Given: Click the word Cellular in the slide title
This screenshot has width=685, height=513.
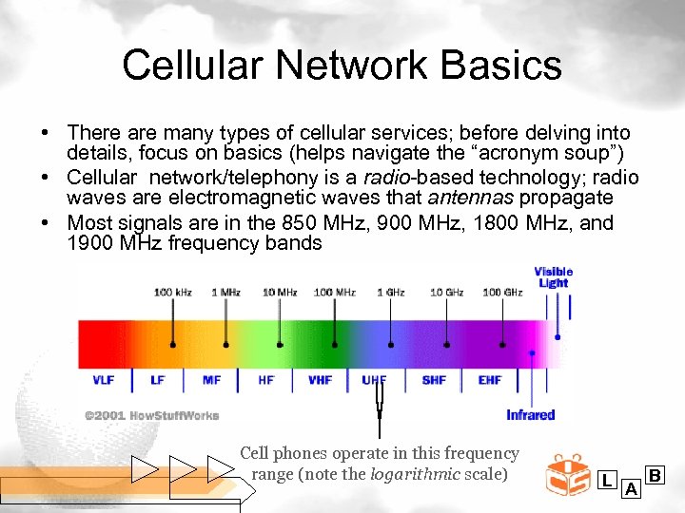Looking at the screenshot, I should point(190,66).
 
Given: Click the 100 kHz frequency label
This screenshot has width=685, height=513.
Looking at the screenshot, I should point(173,293).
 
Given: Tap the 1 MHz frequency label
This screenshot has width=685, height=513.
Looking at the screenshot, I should point(225,293).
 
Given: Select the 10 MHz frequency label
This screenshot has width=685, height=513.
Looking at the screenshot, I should point(280,293).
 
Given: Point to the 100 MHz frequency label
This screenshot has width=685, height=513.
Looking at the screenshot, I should point(335,293).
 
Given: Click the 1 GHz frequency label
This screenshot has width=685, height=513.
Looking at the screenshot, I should point(391,293).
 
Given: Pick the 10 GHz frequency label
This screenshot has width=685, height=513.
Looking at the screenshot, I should point(446,293).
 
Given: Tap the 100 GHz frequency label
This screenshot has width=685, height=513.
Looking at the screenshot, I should point(502,293).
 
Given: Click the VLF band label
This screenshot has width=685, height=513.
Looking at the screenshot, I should point(104,381).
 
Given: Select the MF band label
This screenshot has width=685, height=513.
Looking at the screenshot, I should point(211,381).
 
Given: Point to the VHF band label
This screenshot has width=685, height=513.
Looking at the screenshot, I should point(321,381).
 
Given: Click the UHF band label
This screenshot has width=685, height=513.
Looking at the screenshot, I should point(375,381).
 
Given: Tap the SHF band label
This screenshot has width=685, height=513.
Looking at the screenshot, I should point(434,381).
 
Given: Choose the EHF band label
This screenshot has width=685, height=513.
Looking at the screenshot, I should point(490,381).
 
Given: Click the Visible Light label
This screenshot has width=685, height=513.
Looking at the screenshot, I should point(554,277).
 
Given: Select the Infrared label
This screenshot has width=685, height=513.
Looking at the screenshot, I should point(530,415).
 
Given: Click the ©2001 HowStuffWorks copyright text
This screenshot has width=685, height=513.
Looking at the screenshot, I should point(151,415).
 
